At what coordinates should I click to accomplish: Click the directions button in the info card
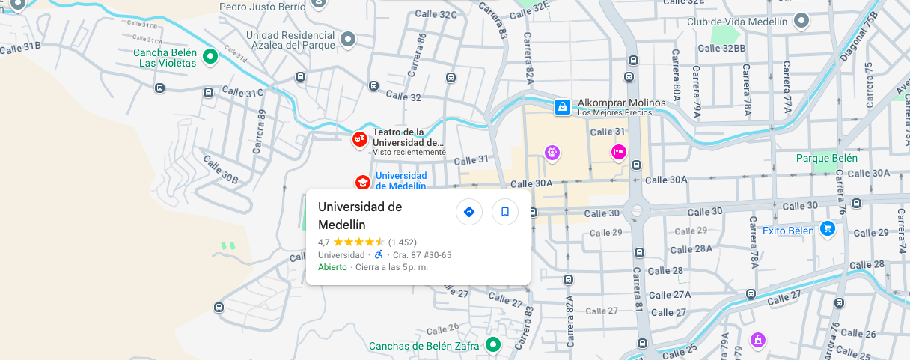coord(469,212)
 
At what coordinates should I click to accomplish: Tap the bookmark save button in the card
coord(505,212)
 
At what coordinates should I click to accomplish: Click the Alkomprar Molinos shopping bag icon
coord(562,107)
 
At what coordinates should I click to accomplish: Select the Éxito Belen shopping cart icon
coord(827,229)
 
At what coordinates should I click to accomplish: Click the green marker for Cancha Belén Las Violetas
coord(211,55)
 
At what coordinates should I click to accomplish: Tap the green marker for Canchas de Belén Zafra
coord(492,344)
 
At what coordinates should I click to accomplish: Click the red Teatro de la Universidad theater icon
coord(361,138)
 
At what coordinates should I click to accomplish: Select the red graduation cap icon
coord(362,182)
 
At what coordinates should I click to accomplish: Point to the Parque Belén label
coord(827,158)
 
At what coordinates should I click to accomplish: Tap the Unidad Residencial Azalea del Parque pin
coord(348,38)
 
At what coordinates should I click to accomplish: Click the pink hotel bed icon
coord(618,153)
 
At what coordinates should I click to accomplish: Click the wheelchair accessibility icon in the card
coord(379,254)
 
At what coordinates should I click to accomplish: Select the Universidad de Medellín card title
coord(360,216)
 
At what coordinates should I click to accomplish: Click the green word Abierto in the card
coord(332,267)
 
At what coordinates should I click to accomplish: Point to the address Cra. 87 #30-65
coord(422,255)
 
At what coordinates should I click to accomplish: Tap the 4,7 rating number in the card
coord(324,242)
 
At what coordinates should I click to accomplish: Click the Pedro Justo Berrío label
coord(263,7)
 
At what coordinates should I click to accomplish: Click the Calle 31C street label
coord(244,94)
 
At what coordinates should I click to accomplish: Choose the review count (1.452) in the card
coord(403,242)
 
